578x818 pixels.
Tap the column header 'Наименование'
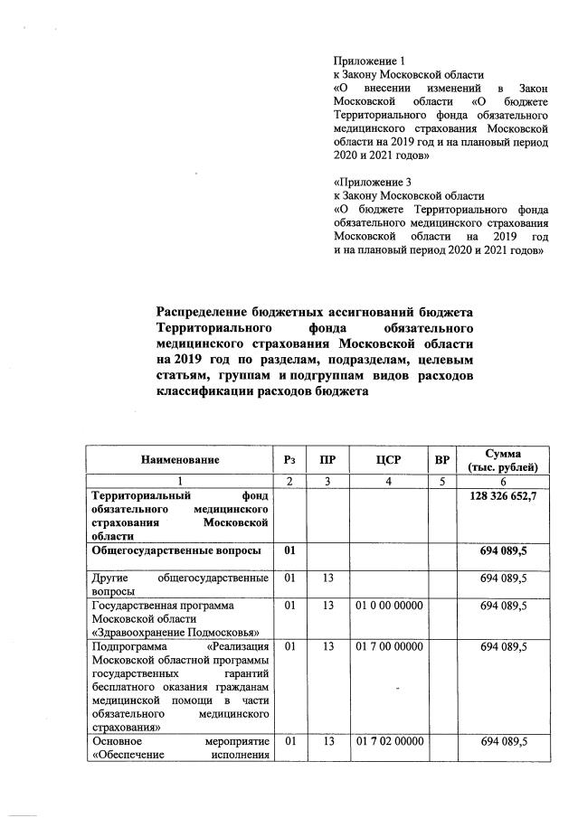point(180,460)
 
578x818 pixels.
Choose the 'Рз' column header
point(289,460)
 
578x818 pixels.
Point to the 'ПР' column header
point(327,460)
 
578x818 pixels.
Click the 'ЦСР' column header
point(389,460)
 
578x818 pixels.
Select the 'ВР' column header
point(442,460)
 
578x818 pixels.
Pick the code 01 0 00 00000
point(389,605)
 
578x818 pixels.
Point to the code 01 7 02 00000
point(389,742)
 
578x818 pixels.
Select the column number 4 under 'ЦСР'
point(389,482)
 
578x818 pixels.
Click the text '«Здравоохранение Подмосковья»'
point(175,632)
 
